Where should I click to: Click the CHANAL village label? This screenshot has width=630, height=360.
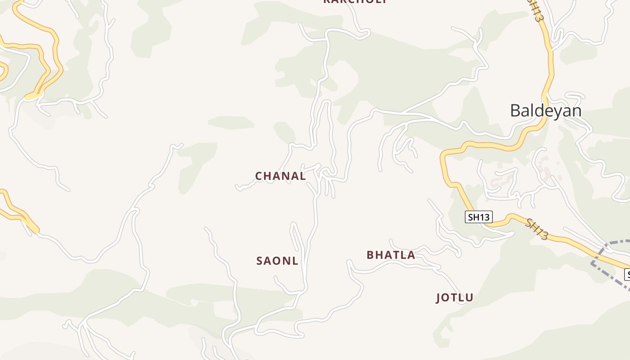pos(280,176)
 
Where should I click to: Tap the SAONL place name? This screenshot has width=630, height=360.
pos(277,261)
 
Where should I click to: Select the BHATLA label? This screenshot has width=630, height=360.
pos(391,255)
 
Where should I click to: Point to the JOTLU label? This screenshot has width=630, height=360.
pos(454,297)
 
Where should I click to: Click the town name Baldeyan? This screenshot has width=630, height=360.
pos(545,110)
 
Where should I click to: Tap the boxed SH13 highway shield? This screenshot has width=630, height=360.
pos(478,217)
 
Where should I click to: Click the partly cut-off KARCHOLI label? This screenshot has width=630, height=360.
pos(355,2)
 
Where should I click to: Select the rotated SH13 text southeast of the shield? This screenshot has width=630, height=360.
pos(537,229)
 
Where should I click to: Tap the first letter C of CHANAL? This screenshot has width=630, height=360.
pos(259,176)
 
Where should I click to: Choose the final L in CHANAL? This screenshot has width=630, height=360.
pos(303,176)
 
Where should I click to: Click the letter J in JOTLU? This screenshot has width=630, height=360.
pos(439,297)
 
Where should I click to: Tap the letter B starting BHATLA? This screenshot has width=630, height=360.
pos(370,255)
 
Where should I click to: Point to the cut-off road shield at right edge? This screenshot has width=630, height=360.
pos(627,274)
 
